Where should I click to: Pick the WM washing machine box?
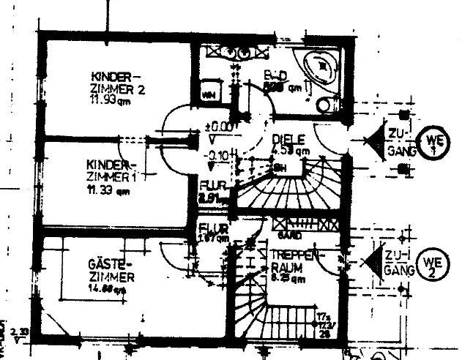[208, 95]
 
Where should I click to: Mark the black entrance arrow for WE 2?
[376, 260]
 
